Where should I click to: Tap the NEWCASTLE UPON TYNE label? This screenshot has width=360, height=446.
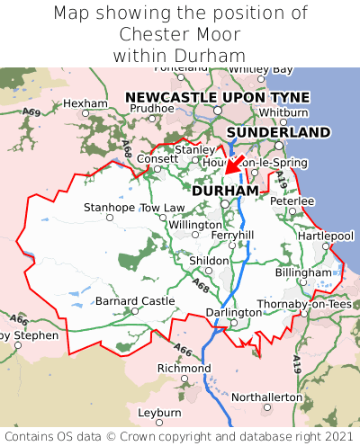click(x=217, y=97)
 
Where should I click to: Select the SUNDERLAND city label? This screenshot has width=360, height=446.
click(x=278, y=132)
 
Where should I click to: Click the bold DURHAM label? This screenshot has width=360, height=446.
click(x=225, y=191)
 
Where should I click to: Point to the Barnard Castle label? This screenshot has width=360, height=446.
click(x=135, y=300)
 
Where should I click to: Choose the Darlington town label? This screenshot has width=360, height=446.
click(x=232, y=312)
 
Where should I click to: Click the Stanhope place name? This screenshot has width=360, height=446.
click(x=109, y=208)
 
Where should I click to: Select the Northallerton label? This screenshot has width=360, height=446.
click(x=267, y=397)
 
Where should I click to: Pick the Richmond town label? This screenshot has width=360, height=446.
click(x=184, y=369)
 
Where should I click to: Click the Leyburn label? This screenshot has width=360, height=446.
click(x=159, y=412)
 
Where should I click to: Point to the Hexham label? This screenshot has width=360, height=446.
click(x=85, y=103)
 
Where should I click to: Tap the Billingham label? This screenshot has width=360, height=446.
click(x=303, y=272)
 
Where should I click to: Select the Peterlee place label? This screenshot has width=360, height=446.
click(x=292, y=201)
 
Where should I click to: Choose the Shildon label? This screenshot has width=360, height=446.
click(x=208, y=260)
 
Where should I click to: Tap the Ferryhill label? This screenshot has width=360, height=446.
click(x=232, y=235)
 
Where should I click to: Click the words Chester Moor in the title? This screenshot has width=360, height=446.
click(x=180, y=34)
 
